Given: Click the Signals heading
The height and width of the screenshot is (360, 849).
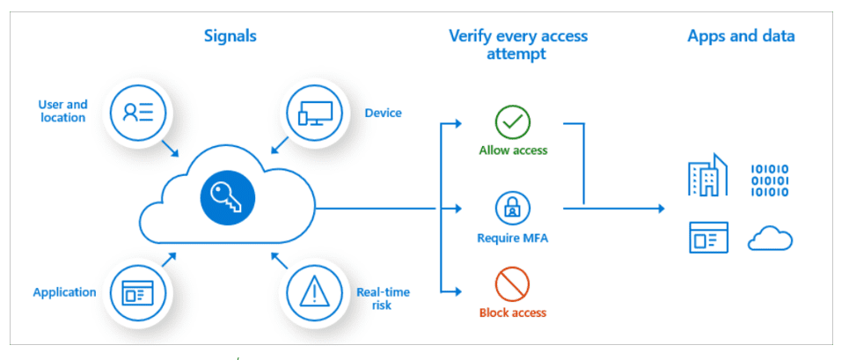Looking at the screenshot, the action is click(231, 36).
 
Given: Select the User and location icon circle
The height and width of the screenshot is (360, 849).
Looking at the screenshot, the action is click(138, 112).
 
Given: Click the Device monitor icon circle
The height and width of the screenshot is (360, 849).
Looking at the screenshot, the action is click(314, 112).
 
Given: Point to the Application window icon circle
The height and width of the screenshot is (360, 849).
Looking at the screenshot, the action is click(138, 293).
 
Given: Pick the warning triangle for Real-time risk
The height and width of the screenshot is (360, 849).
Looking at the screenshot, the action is click(313, 293).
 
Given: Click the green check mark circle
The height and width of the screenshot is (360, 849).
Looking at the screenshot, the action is click(512, 123).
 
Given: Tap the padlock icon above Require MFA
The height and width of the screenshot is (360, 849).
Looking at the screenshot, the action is click(512, 209).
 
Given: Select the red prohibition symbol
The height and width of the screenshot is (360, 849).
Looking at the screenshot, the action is click(512, 285).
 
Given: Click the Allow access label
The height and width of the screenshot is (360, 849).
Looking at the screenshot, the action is click(513, 150).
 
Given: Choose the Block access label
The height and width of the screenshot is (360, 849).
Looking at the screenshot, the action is click(513, 312).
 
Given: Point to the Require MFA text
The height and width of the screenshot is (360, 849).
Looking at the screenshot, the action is click(512, 238).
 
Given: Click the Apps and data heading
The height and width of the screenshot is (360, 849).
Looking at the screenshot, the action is click(742, 36).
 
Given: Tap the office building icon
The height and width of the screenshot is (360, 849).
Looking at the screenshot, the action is click(707, 174).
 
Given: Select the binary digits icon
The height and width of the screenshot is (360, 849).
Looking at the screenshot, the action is click(770, 180).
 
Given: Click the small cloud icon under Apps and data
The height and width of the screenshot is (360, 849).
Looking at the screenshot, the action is click(770, 239).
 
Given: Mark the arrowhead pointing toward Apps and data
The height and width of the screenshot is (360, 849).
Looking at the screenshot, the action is click(661, 209).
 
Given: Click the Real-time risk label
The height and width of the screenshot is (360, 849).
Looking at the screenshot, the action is click(383, 299).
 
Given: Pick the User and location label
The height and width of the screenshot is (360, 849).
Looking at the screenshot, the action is click(62, 111).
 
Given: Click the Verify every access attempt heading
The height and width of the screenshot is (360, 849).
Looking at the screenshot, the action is click(518, 45).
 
